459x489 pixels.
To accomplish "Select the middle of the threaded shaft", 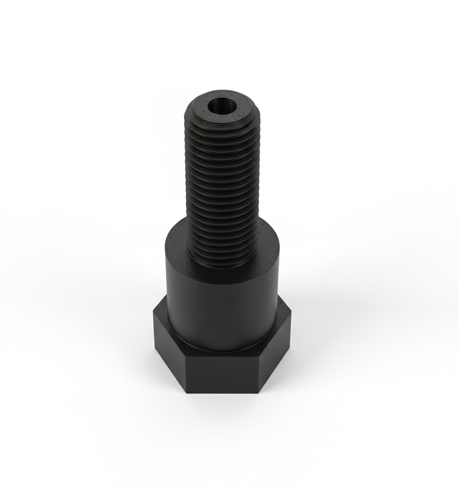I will (223, 185).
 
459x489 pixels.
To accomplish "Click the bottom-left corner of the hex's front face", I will (186, 393).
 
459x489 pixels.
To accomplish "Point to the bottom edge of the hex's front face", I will (222, 393).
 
